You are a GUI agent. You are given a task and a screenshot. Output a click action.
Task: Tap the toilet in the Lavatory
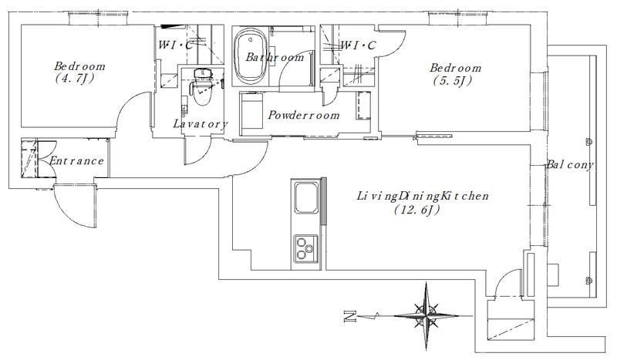tap(201, 88)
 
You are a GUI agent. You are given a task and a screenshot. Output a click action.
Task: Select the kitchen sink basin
tap(306, 197)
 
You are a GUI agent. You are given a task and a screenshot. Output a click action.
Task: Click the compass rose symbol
tap(427, 315)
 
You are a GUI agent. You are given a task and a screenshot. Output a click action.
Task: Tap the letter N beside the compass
tap(350, 316)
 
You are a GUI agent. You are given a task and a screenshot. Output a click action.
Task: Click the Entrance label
tap(76, 161)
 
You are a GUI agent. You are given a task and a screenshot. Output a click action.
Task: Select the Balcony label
tap(569, 165)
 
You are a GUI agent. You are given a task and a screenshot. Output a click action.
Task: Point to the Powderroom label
tap(303, 116)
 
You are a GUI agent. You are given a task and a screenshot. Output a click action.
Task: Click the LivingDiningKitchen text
tap(423, 196)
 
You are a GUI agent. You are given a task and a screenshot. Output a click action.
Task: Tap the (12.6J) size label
tap(416, 210)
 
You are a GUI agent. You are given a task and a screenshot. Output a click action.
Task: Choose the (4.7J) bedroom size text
tap(74, 79)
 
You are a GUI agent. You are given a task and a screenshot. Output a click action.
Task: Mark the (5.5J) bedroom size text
tap(453, 81)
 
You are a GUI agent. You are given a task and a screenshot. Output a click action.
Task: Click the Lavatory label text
tap(201, 124)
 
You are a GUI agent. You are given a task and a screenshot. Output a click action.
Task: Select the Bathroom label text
tap(275, 58)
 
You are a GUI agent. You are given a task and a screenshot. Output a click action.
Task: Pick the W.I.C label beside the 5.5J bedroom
tap(358, 45)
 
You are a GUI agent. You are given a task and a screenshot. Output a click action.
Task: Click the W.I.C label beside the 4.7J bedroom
tap(176, 45)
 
